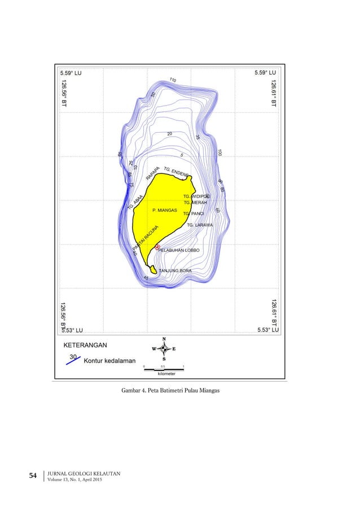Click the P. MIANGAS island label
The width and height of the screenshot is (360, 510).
point(165,210)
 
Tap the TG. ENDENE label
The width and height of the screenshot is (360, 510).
point(177,172)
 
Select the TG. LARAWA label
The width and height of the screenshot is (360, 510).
point(200,225)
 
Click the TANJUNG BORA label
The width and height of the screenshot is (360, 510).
point(175,271)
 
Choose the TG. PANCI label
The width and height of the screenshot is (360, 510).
point(194,213)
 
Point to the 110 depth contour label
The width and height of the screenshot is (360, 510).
point(173,80)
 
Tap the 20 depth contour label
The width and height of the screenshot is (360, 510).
point(170,134)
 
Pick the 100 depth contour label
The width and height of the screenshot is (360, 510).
point(219,152)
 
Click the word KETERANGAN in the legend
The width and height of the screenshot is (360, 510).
point(85,344)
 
